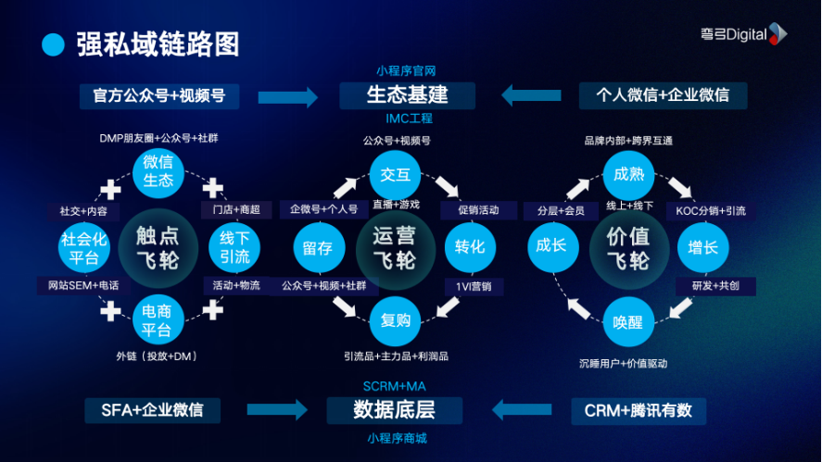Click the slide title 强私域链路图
tap(158, 43)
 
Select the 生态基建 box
tap(407, 95)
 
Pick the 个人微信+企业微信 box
tap(663, 95)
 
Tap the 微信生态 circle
tap(158, 172)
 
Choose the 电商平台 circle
tap(158, 320)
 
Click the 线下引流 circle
tap(234, 246)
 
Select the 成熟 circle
tap(628, 172)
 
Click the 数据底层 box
tap(394, 409)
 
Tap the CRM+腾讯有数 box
tap(638, 409)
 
